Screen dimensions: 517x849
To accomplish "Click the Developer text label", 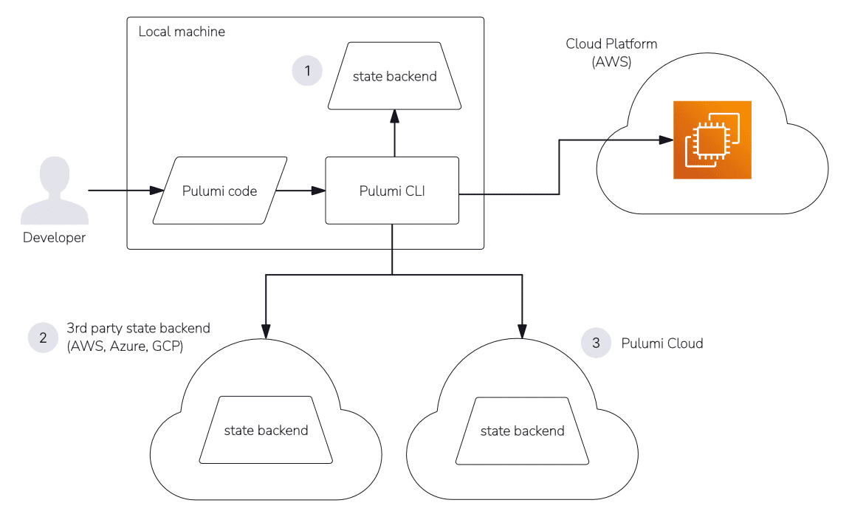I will [x=54, y=238].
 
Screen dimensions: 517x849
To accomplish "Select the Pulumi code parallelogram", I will [x=220, y=191].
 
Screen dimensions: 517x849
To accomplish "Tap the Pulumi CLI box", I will [x=392, y=191].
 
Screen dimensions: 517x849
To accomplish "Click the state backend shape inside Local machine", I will [x=394, y=76].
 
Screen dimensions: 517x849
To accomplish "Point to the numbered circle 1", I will [x=307, y=71].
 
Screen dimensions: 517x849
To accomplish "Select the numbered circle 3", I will [x=597, y=343].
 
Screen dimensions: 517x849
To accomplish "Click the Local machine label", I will [x=182, y=32].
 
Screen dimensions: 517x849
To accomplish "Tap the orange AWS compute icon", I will [x=712, y=140].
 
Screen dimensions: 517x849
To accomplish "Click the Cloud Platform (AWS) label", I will [x=611, y=53].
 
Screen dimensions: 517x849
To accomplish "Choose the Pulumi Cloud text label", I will [x=662, y=343].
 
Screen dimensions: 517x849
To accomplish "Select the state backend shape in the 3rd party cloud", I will [x=266, y=430].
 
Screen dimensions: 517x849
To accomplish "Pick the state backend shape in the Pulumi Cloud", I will [x=522, y=430].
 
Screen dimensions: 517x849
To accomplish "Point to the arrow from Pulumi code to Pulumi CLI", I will [x=301, y=191].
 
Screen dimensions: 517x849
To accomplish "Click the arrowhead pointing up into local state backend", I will [x=394, y=115].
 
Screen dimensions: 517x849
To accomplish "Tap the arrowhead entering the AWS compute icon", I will [x=666, y=140].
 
